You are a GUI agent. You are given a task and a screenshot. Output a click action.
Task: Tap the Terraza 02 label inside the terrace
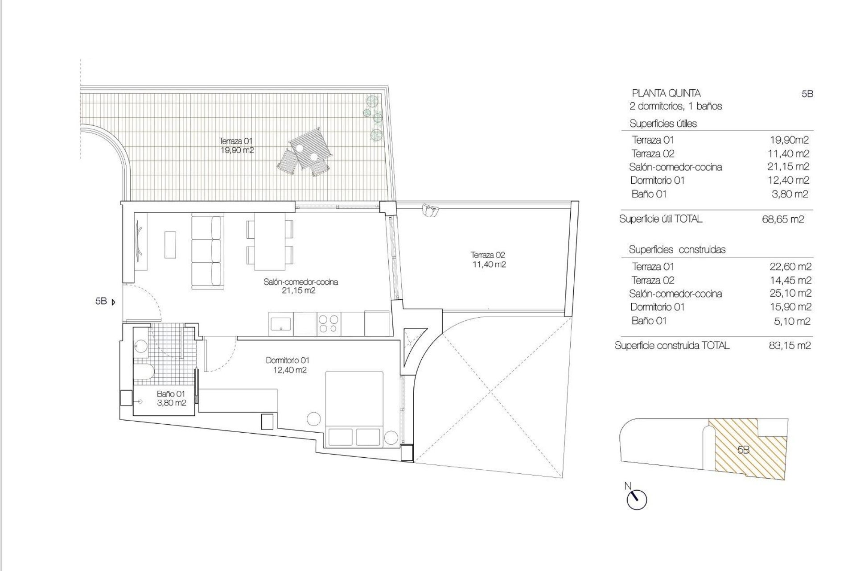point(489,260)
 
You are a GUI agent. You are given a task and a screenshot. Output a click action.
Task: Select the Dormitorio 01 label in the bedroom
point(288,365)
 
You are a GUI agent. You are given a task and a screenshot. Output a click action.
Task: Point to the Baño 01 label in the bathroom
point(171,398)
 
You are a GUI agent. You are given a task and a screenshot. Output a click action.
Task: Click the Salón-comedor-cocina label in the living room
point(300,286)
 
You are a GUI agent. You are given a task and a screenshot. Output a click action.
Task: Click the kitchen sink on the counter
point(281,323)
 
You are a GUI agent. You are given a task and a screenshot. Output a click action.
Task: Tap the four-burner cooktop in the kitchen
point(329,323)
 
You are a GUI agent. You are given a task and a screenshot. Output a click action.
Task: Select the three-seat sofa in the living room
point(207,252)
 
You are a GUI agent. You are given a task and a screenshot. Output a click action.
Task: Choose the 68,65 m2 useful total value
point(783,219)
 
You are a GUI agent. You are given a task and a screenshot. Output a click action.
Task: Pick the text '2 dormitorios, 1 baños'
point(675,107)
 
